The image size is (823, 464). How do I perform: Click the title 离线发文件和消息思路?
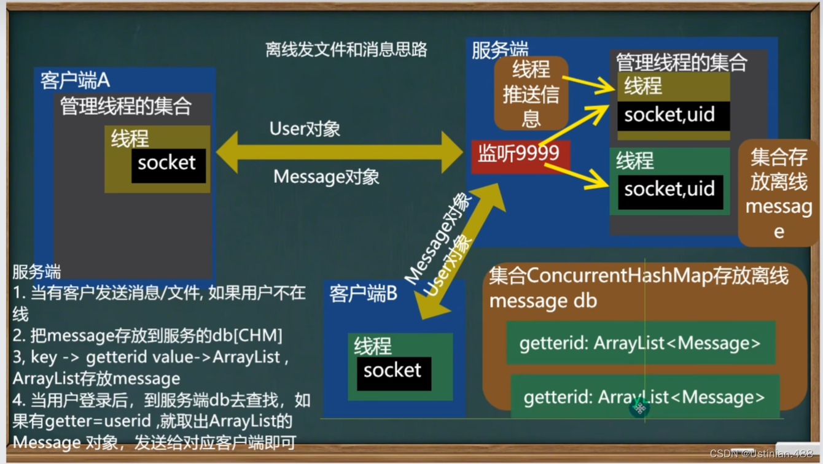pos(346,50)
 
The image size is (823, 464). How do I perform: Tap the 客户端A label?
pos(75,80)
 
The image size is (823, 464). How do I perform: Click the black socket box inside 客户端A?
pos(168,163)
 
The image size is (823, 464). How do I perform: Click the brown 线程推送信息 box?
pos(531,93)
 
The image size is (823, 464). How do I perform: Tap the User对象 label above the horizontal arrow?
pos(305,129)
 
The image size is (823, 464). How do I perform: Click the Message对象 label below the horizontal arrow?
pos(326,177)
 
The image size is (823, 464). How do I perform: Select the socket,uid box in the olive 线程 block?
pos(673,115)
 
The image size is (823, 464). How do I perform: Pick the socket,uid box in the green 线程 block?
pos(669,190)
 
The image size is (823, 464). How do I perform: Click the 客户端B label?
pos(363,294)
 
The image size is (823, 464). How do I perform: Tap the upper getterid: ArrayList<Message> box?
pos(640,342)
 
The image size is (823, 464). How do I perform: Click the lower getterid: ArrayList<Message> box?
pos(644,396)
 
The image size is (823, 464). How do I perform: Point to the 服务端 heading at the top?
pos(499,50)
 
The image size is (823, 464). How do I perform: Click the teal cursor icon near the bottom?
pos(640,408)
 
